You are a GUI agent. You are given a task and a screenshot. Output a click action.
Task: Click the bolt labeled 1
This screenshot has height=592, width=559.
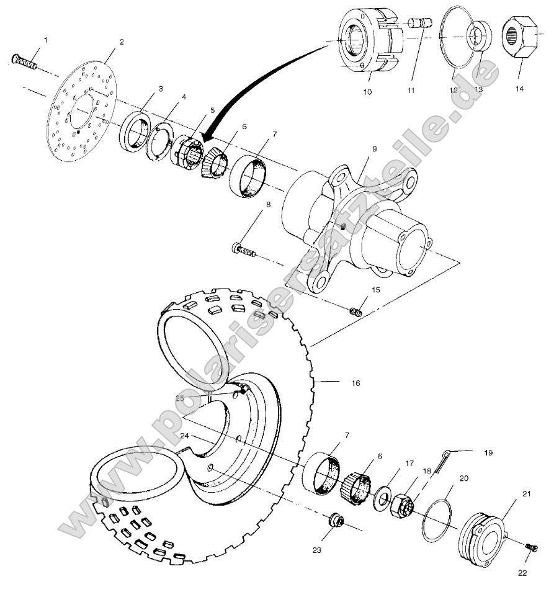(x=24, y=61)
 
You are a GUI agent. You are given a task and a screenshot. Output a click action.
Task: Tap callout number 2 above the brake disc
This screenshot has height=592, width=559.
(x=122, y=42)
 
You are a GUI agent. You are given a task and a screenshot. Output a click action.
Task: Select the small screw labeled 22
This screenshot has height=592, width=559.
(x=531, y=547)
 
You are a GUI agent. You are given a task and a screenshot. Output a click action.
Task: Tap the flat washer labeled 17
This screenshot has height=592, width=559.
(x=381, y=500)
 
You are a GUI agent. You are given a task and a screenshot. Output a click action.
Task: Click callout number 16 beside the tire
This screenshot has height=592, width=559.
(x=356, y=383)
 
